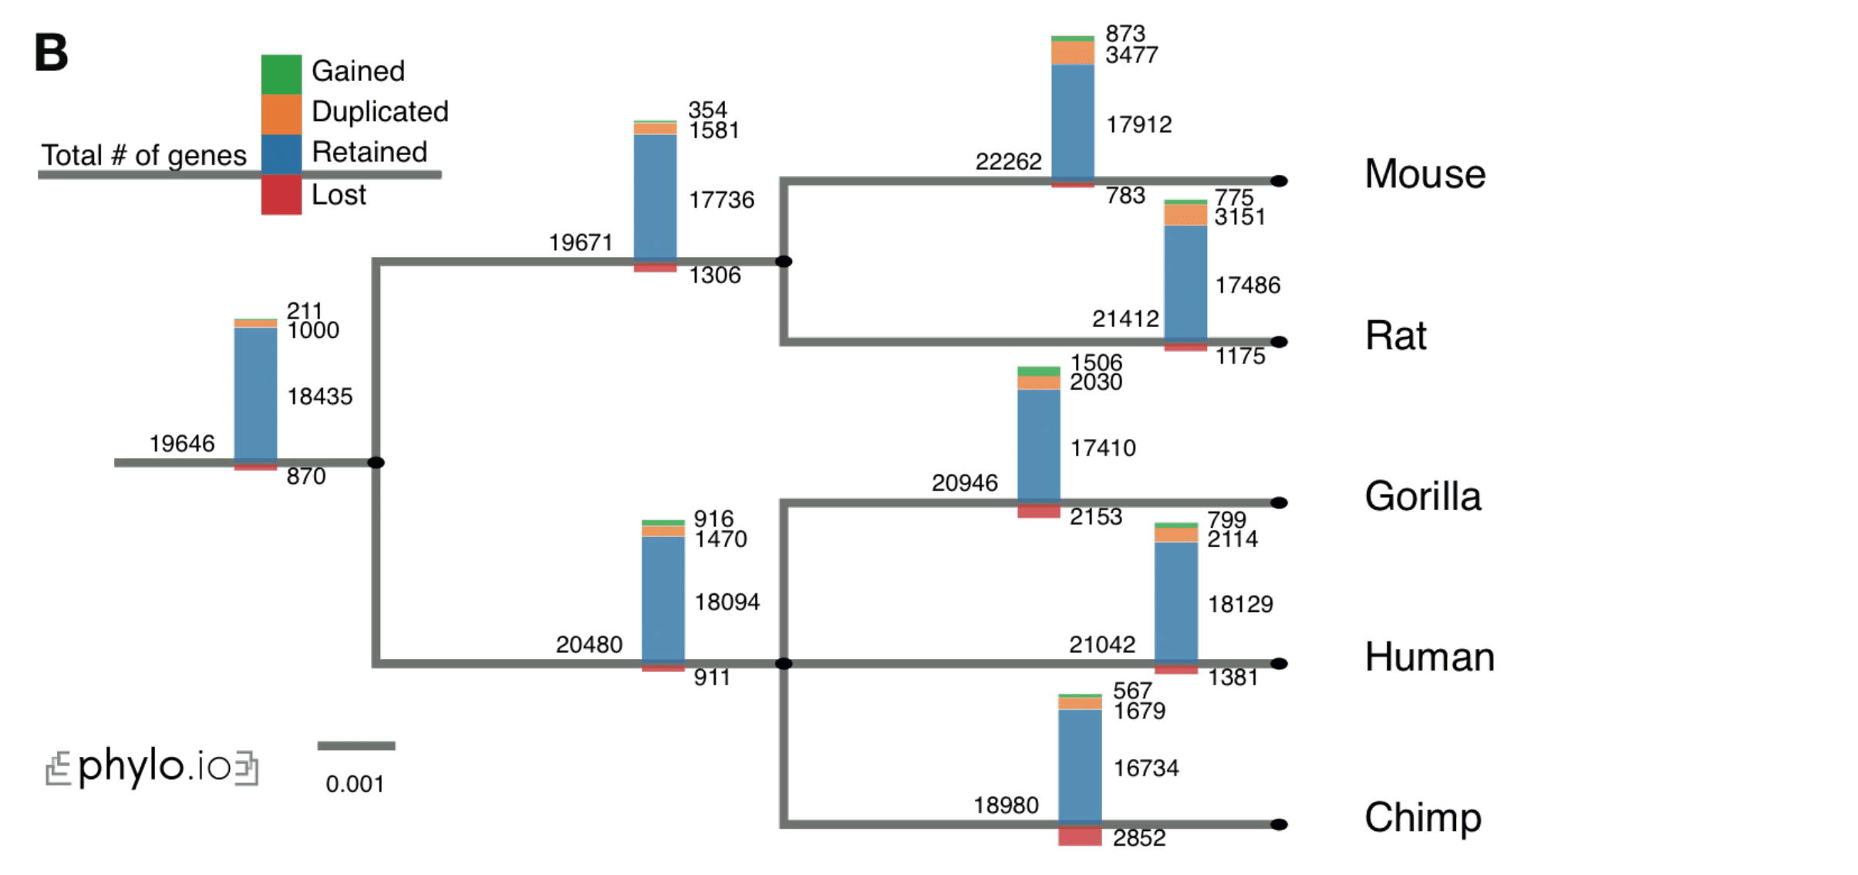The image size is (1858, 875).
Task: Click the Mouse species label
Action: pos(1424,174)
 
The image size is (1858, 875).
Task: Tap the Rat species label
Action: pos(1395,336)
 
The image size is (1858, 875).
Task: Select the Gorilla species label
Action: pos(1422,496)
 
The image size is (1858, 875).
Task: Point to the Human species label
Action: pos(1429,657)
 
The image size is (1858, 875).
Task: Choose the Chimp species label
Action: pos(1422,817)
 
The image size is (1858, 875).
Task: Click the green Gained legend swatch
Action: pos(281,74)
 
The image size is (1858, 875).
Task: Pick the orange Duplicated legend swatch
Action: pos(281,114)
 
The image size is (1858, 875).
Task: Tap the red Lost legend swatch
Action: pos(281,195)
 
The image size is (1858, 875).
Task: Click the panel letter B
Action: pos(51,53)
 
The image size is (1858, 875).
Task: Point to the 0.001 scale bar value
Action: pos(355,784)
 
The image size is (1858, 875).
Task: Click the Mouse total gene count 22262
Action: pos(1008,162)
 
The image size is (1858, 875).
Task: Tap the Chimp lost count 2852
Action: pos(1138,838)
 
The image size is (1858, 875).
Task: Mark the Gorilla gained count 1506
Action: pos(1095,363)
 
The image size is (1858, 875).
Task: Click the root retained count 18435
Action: pos(319,397)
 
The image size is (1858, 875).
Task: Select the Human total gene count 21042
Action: pos(1101,644)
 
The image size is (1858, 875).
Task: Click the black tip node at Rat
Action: pos(1278,342)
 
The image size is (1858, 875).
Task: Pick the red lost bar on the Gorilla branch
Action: pos(1038,511)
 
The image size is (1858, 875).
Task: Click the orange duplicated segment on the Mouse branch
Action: pos(1072,52)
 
